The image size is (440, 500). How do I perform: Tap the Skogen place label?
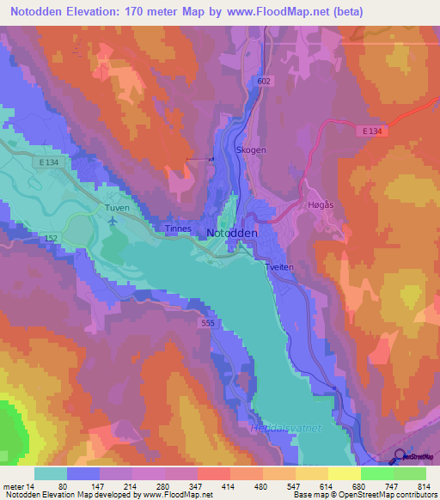[251, 149]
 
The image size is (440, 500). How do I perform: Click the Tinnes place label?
[180, 229]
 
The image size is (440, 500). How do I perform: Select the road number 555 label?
[208, 323]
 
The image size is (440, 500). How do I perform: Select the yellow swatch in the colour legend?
[345, 473]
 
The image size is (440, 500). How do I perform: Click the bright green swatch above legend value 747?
[377, 473]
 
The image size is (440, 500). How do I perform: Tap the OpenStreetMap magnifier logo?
[400, 458]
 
